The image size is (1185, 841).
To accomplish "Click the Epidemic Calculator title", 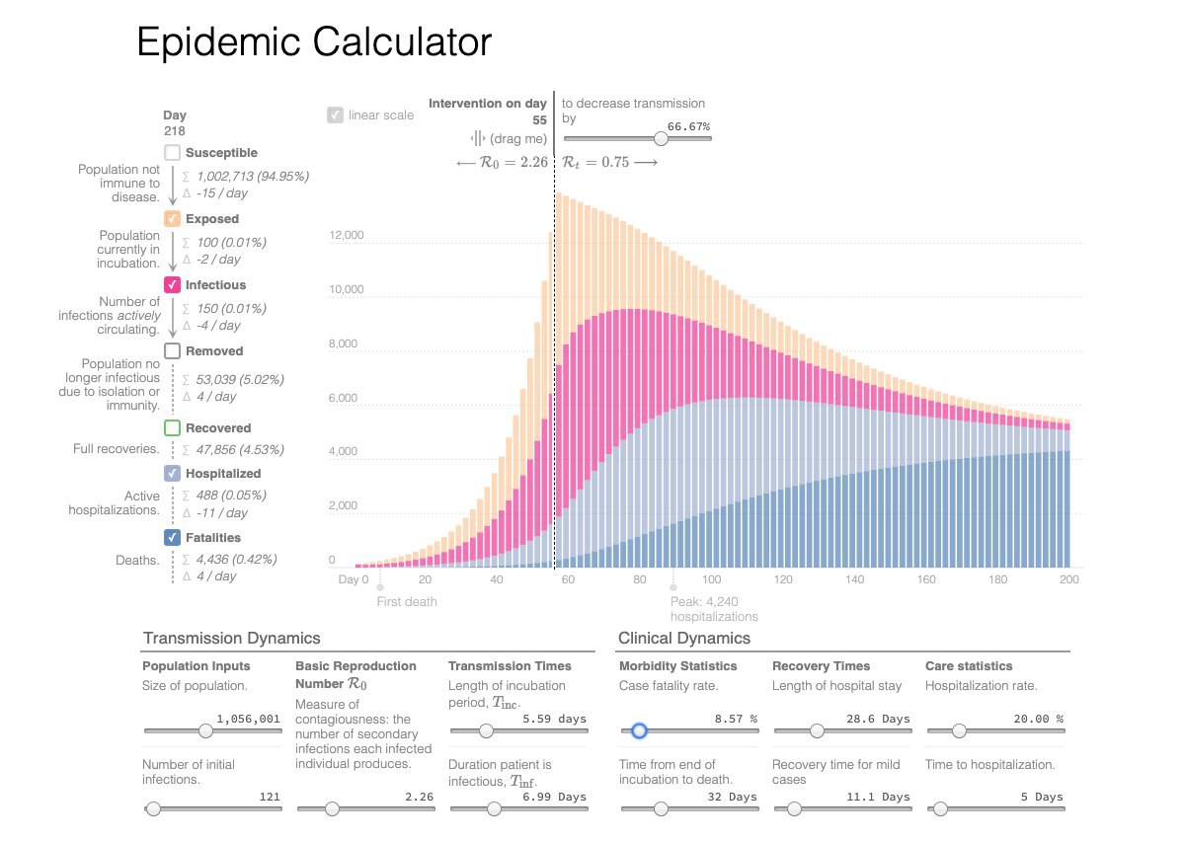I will coord(313,43).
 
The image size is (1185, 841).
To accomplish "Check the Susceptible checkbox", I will coord(173,153).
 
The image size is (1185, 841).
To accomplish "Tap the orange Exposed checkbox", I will coord(173,219).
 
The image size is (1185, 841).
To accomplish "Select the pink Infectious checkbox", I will coord(173,285).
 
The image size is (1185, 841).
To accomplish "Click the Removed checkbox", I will coord(173,351).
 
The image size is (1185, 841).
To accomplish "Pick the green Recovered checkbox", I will coord(173,428).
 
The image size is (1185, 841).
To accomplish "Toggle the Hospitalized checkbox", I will coord(173,474).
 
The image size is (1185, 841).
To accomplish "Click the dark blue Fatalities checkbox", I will coord(173,538).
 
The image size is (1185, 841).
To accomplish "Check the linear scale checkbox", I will coord(335,115).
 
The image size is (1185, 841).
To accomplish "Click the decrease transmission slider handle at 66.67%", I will coord(661,139).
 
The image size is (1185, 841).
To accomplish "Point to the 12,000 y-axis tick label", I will coord(347,237).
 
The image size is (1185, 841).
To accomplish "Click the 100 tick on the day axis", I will coord(711,579).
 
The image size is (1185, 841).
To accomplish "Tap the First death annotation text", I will coord(407,601).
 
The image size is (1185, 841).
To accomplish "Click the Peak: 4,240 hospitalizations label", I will coord(714,609).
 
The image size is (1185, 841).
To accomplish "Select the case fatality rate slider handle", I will coord(639,731).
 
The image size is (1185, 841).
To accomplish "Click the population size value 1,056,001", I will coord(248,720).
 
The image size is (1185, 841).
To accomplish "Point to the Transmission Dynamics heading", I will coord(231,639).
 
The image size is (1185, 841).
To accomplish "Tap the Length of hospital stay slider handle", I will coord(817,731).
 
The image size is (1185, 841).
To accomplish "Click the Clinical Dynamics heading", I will coord(683,639).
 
